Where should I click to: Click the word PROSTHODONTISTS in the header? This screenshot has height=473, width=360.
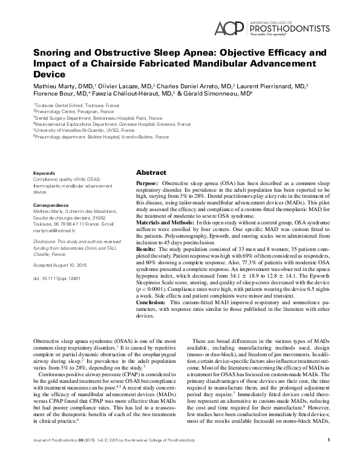pyautogui.click(x=290, y=27)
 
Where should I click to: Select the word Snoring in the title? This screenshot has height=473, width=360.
pyautogui.click(x=53, y=53)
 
